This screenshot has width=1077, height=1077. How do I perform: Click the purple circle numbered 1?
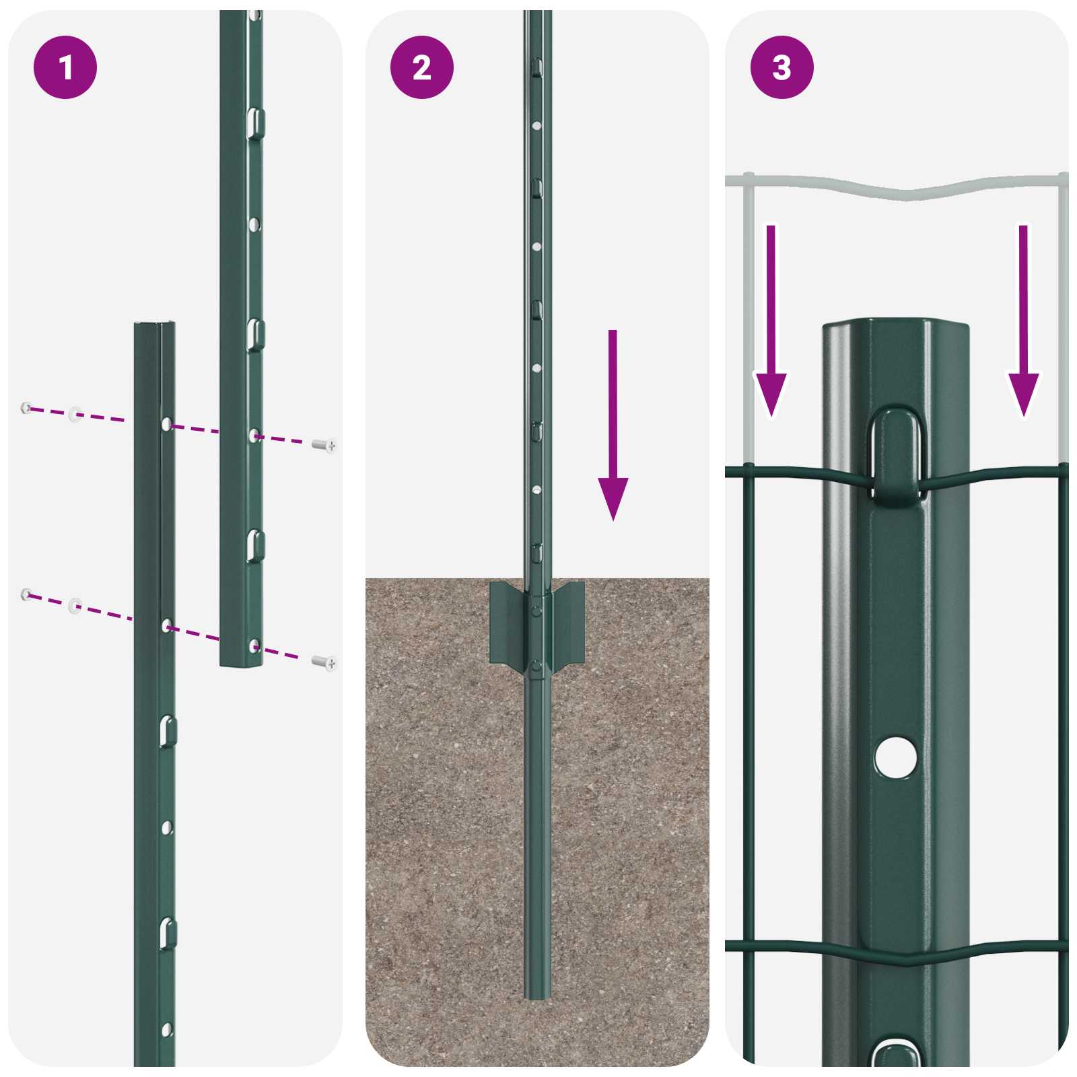coord(65,67)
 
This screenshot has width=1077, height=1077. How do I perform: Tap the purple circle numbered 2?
coord(422,67)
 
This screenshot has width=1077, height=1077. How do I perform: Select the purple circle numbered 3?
coord(781,67)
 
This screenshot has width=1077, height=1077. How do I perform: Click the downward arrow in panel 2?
coord(613,431)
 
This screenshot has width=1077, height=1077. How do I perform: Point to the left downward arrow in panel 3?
coord(771,323)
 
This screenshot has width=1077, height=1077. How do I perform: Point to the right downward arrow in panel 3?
coord(1023,323)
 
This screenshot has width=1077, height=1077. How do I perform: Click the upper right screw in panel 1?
coord(325,445)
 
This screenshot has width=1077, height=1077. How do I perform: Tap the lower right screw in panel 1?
coord(325,663)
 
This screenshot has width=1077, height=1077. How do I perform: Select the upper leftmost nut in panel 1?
coord(26,407)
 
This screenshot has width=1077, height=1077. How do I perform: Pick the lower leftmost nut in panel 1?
coord(26,594)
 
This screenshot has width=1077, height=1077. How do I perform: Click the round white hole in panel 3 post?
coord(896,757)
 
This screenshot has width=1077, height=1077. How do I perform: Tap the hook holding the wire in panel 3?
coord(896,458)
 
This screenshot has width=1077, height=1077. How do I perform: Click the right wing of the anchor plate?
coord(569,623)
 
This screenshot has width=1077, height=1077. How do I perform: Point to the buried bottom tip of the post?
coord(537,995)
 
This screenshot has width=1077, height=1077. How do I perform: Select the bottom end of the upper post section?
coord(241,663)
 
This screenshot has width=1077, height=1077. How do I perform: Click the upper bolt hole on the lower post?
coord(167,425)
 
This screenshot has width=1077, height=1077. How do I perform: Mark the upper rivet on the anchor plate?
coord(536,611)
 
